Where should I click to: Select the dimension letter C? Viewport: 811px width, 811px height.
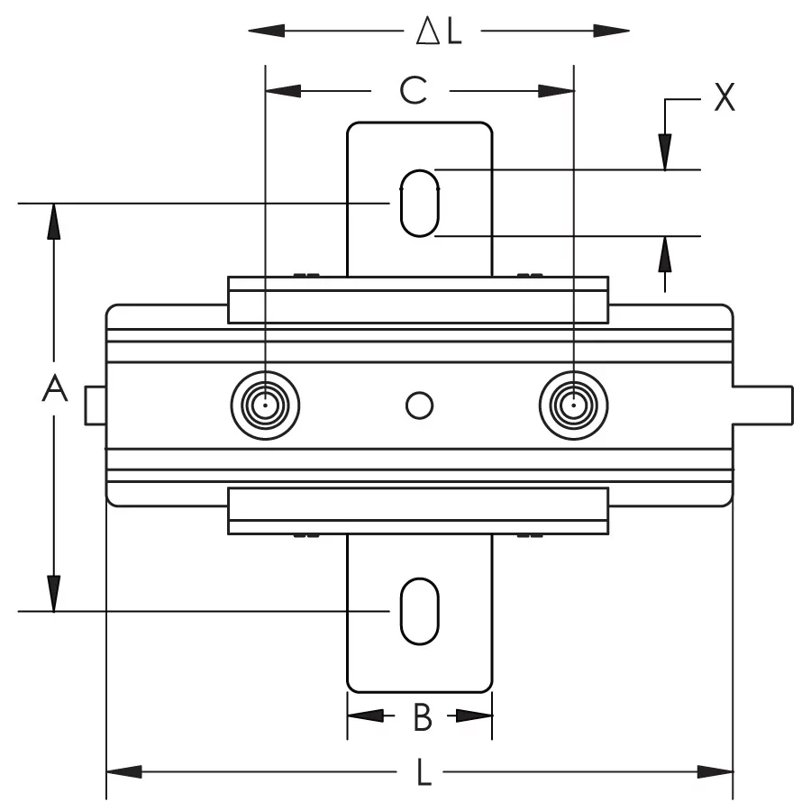(413, 90)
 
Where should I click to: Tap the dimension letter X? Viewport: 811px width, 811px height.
(724, 97)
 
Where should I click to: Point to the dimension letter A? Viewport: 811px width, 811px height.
(55, 390)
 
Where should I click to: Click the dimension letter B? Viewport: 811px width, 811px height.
(422, 717)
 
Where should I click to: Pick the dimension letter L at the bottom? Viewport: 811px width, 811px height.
(423, 773)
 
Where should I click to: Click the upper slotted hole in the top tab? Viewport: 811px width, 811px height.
(419, 203)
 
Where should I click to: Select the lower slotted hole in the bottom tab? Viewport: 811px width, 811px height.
(419, 611)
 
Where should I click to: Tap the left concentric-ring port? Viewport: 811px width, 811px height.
(265, 405)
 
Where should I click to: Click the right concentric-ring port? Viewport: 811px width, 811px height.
(573, 405)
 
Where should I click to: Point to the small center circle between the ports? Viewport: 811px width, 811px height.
(419, 405)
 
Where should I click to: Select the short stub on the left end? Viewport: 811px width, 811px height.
(96, 405)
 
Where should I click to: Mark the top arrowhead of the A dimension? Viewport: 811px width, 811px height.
(54, 222)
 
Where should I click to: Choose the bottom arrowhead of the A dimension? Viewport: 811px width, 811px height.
(54, 594)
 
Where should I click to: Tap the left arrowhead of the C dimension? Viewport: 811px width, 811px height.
(282, 90)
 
